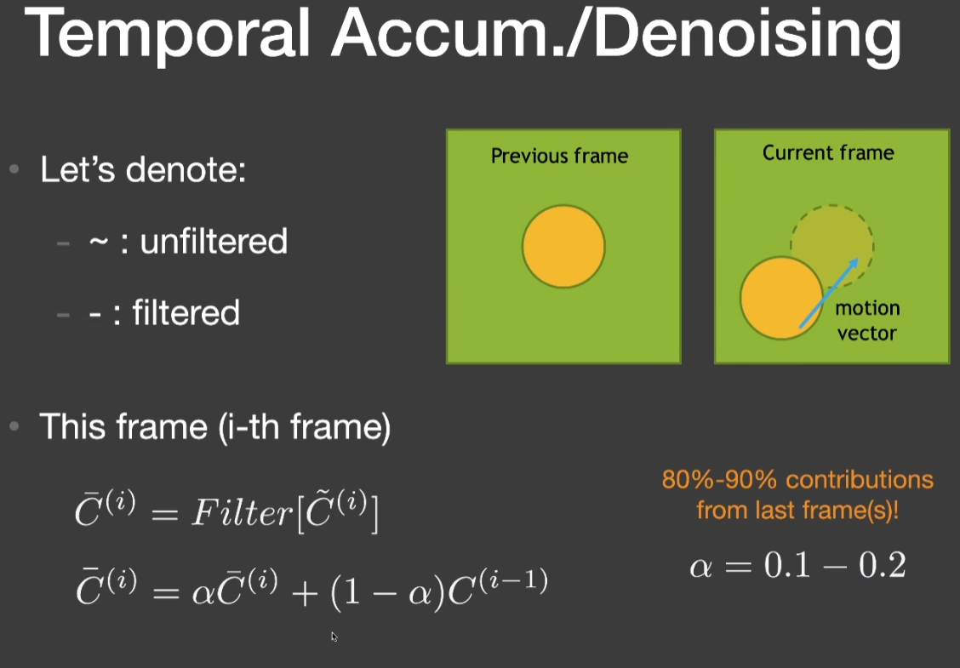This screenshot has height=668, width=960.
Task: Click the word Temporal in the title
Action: click(167, 34)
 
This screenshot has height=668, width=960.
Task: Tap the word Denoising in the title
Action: click(748, 36)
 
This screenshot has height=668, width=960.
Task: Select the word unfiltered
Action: click(214, 241)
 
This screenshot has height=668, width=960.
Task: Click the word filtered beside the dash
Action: click(186, 312)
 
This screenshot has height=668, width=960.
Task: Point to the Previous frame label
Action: click(560, 156)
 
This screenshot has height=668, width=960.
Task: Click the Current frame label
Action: click(828, 152)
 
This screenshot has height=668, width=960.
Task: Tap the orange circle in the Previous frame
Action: click(564, 246)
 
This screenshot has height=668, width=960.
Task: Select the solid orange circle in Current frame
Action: click(781, 298)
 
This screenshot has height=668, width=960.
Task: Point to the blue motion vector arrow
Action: click(828, 293)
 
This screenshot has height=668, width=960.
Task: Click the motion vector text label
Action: click(867, 320)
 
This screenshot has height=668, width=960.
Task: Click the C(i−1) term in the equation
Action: click(498, 588)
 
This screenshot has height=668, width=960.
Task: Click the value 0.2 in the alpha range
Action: click(883, 565)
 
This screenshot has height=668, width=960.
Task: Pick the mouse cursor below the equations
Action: click(334, 637)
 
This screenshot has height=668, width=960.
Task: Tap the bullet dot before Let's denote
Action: click(14, 168)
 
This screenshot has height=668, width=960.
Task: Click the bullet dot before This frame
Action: click(14, 425)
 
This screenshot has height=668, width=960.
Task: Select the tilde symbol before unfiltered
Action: click(99, 241)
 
